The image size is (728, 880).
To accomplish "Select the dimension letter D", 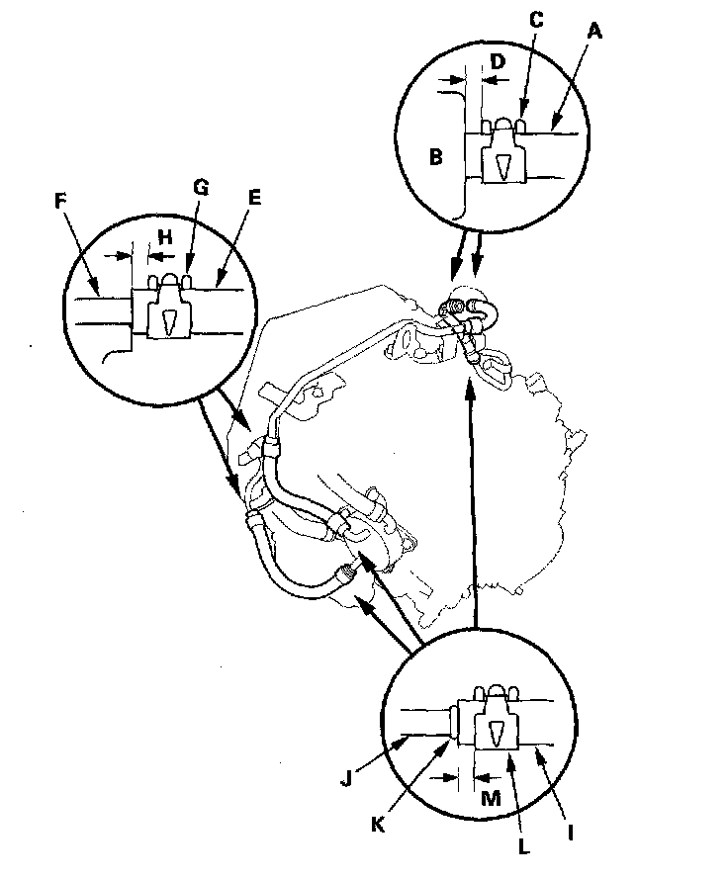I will (498, 61).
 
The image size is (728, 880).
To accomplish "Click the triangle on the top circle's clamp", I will (502, 168).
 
